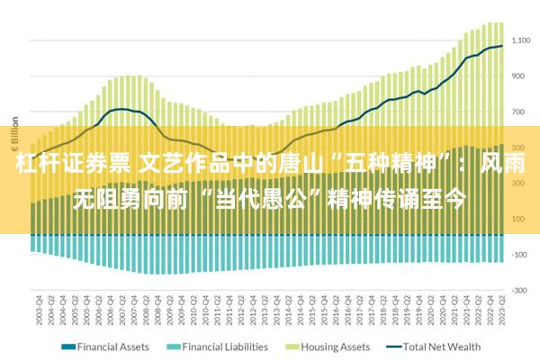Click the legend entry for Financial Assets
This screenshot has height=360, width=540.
pyautogui.click(x=112, y=346)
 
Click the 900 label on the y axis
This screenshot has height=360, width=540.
pyautogui.click(x=519, y=76)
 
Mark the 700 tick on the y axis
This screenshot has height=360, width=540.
pyautogui.click(x=519, y=112)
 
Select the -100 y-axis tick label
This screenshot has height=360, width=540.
pyautogui.click(x=519, y=255)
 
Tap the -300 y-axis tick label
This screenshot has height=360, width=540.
pyautogui.click(x=519, y=290)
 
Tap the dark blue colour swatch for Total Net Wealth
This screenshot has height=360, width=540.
pyautogui.click(x=393, y=346)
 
